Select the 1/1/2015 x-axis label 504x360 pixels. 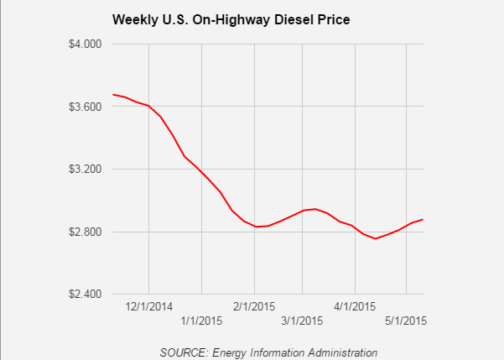coord(202,321)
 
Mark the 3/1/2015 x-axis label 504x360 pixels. coord(302,321)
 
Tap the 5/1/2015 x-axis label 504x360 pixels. coord(406,321)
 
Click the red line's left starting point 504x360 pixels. coord(112,94)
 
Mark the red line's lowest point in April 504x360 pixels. coord(375,238)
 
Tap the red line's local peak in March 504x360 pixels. coord(314,209)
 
